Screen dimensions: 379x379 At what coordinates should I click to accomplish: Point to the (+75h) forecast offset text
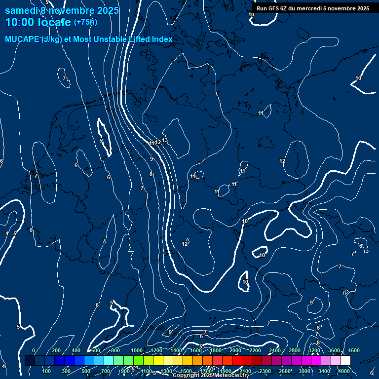[x=85, y=22]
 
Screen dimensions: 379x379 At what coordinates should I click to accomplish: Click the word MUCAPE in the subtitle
[x=22, y=39]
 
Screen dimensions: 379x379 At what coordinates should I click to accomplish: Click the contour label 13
[x=165, y=140]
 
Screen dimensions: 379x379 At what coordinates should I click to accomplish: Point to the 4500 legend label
[x=354, y=350]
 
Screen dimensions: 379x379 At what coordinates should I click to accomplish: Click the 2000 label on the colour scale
[x=235, y=350]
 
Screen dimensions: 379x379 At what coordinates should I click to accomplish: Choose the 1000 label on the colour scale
[x=137, y=350]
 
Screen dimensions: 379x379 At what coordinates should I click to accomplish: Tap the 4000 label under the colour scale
[x=344, y=371]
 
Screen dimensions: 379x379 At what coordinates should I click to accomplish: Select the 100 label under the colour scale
[x=46, y=371]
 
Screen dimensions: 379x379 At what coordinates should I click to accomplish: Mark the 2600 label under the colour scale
[x=285, y=371]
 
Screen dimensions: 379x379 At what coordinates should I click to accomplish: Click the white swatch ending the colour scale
[x=345, y=361]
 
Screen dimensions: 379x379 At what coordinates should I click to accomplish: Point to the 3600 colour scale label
[x=334, y=350]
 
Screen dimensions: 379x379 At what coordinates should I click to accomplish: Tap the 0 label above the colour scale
[x=34, y=350]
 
